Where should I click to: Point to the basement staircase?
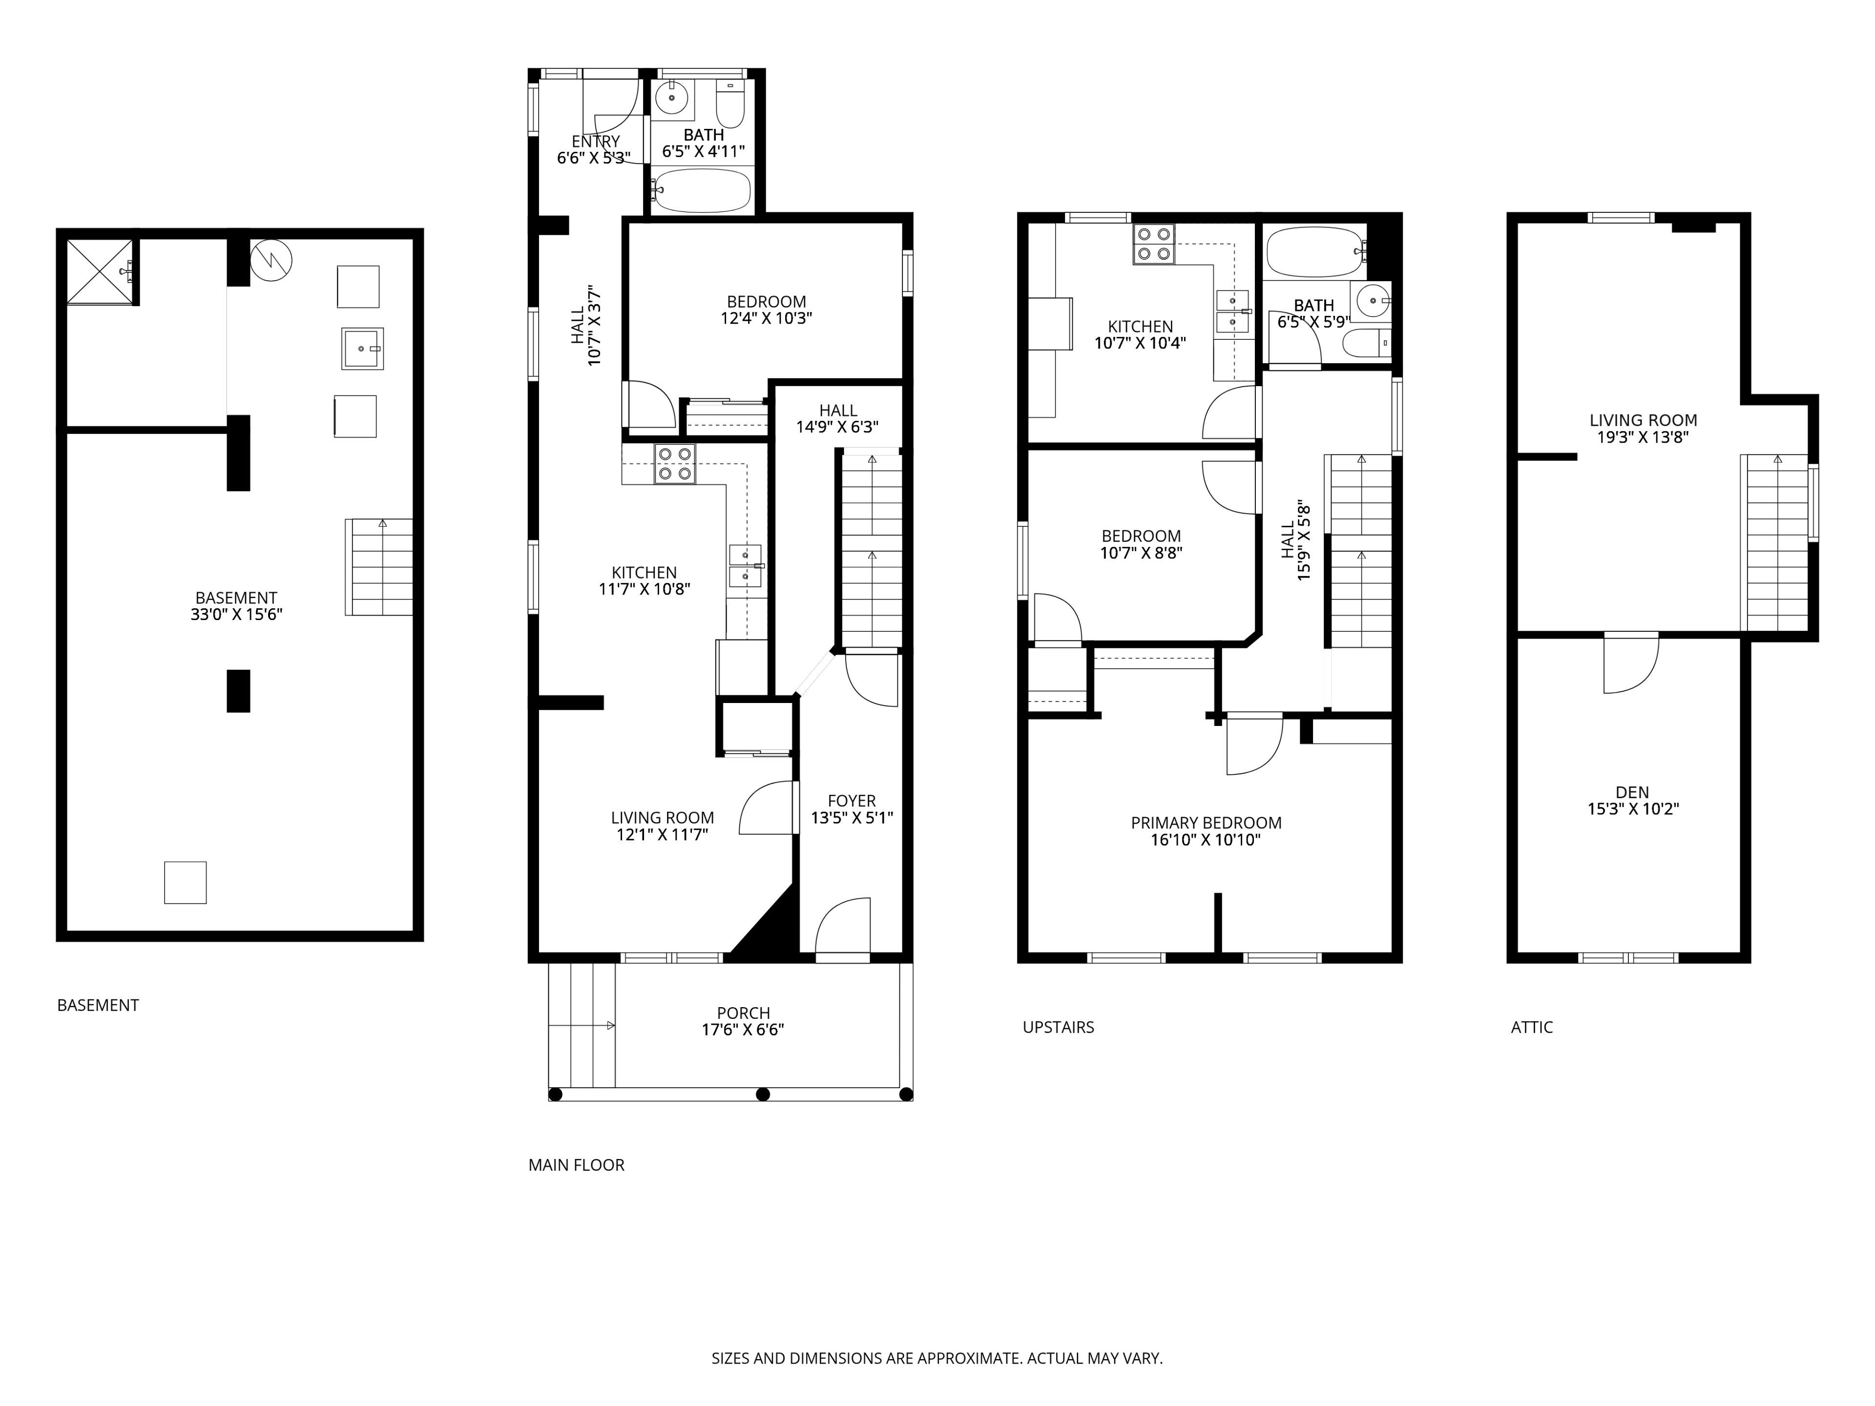379,567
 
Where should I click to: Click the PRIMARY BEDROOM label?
1206,823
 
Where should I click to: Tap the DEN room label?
1633,792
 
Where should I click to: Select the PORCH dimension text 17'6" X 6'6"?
743,1030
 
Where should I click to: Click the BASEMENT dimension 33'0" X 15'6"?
236,615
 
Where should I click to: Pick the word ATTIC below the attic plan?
1532,1027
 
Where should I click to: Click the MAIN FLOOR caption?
576,1165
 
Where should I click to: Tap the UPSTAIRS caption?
1059,1027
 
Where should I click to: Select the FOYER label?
852,801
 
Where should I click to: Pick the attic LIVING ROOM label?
1643,420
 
